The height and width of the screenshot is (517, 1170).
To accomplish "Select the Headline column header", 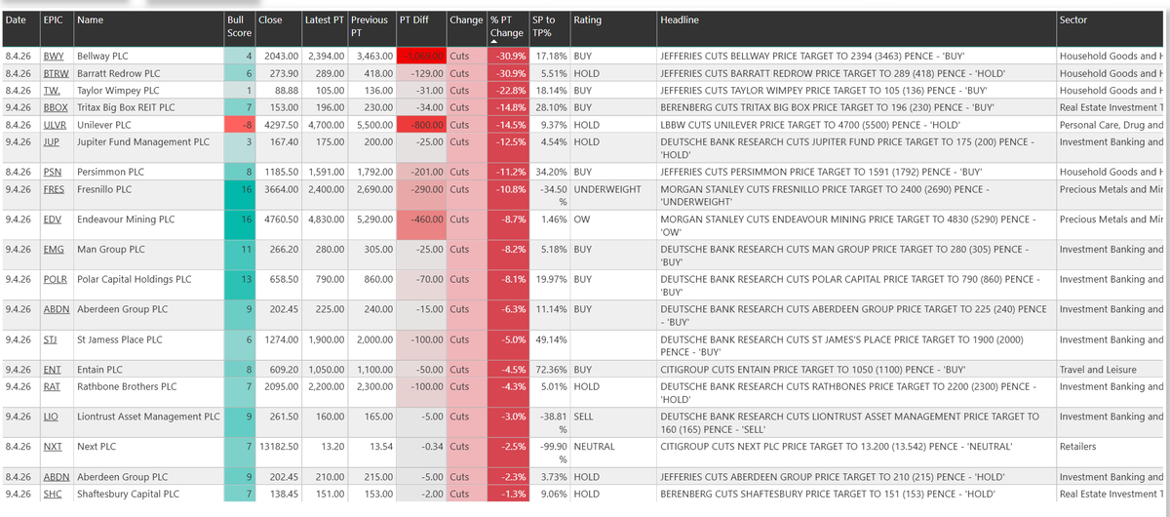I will pos(679,20).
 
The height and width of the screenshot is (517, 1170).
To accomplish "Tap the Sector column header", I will pos(1072,20).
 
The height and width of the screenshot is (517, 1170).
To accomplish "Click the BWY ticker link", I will pos(54,57).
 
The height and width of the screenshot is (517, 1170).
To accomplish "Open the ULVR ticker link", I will pos(56,125).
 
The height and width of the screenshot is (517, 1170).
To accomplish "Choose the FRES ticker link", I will pos(55,189).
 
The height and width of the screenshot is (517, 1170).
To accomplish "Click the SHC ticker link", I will pos(54,495).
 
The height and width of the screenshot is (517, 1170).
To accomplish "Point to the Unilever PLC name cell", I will pos(106,125).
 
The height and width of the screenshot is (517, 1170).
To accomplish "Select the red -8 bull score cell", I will pos(240,125).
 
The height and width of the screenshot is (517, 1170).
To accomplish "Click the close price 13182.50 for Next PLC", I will pos(278,447).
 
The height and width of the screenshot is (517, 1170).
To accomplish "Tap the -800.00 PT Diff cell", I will pos(422,125).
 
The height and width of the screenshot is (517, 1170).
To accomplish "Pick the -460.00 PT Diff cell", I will pos(422,219).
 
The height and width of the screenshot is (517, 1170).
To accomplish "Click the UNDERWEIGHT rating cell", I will pos(606,189).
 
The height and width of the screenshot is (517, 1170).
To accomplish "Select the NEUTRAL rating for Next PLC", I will pos(594,447).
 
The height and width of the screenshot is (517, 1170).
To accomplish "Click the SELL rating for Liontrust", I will pos(583,417).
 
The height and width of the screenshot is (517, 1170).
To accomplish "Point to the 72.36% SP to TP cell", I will pos(550,370).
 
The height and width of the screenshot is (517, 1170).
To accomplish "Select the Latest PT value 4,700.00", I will pos(325,125).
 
